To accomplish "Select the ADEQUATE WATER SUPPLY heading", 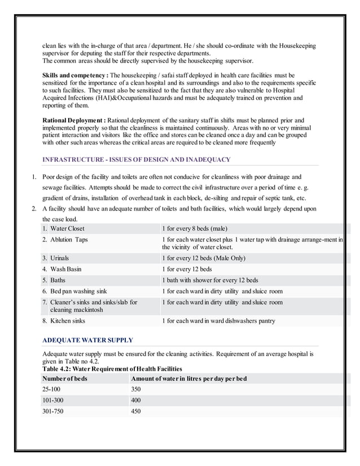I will coord(87,340).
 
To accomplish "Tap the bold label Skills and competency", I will coord(76,75).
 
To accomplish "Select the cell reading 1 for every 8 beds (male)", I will coord(195,228).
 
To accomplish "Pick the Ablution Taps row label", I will coord(68,240).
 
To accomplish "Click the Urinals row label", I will coord(59,258).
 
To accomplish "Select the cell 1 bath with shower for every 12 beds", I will coord(210,280).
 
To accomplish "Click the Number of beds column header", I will coord(65,378).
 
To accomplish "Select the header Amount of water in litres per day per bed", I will coord(188,378).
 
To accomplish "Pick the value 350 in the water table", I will coord(135,389).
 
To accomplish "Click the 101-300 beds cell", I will coord(52,401).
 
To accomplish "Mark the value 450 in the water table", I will coord(135,411).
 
